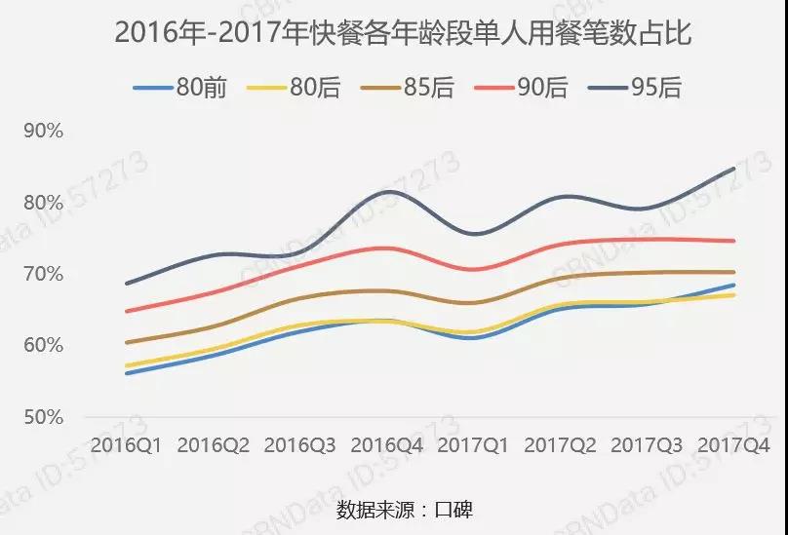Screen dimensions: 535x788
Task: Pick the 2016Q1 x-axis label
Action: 128,445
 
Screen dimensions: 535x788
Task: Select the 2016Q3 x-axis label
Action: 301,445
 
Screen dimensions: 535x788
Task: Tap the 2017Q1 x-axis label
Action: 474,445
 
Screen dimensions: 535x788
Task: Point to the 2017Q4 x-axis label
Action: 734,445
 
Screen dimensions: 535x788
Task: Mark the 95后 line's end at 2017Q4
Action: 734,169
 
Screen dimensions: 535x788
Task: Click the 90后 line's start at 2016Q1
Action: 128,311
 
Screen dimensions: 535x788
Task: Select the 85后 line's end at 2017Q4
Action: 734,272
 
